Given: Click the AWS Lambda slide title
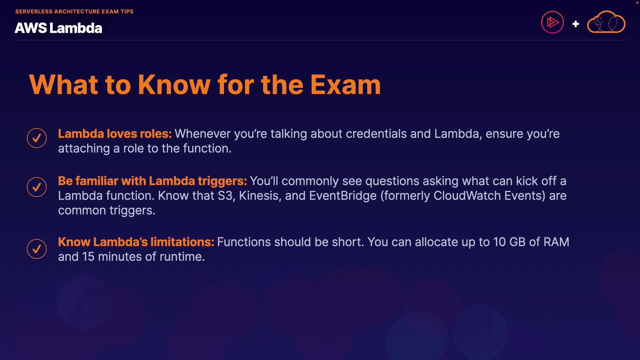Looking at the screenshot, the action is pos(58,28).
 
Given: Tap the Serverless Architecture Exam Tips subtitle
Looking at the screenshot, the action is pos(74,11).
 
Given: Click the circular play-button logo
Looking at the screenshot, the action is pos(552,22).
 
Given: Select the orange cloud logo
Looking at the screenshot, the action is pos(606,22).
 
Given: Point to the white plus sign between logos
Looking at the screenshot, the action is pos(576,24).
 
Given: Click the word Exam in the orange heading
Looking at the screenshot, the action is pos(346,85).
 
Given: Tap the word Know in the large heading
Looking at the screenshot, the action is pos(174,85).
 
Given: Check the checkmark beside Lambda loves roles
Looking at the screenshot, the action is pos(37,138).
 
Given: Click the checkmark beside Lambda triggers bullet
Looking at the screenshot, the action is pos(37,187).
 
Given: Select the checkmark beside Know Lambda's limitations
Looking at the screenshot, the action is pos(37,249).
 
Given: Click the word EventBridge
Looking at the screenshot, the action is pos(343,196).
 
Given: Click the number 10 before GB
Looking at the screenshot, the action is pos(499,242).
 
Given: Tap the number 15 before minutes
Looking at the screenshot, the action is pos(88,257).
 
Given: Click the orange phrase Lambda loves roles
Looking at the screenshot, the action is pos(115,134).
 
